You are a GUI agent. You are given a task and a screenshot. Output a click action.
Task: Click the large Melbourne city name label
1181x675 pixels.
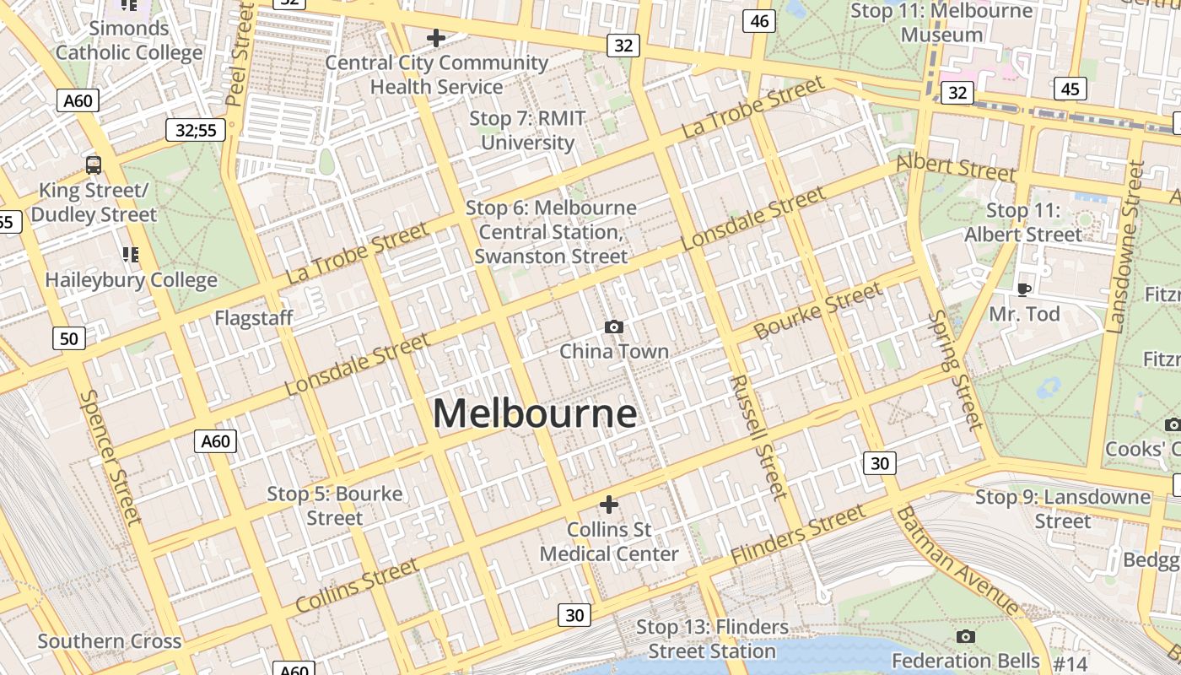point(535,413)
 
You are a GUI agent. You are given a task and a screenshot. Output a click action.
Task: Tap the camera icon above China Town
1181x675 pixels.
point(614,327)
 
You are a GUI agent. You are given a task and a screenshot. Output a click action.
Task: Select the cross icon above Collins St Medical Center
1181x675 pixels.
point(608,505)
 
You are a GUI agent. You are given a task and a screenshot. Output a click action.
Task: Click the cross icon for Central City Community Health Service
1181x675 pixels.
point(436,38)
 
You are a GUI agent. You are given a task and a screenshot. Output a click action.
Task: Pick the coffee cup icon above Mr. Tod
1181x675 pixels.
point(1023,289)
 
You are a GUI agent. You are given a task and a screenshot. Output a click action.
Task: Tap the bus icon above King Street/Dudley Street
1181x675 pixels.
point(94,165)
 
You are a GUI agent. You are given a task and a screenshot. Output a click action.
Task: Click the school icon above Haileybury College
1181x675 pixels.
point(130,254)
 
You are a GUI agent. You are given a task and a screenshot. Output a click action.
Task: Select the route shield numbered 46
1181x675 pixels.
point(759,21)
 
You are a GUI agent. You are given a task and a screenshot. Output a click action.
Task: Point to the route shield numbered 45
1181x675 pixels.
point(1070,89)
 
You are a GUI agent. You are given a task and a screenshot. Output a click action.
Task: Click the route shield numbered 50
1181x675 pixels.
point(68,339)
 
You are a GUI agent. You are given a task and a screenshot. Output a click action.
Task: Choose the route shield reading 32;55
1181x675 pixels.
point(196,130)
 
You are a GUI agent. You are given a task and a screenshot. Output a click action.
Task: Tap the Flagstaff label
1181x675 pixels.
point(253,318)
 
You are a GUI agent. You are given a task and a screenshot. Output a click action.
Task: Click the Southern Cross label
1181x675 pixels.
point(110,641)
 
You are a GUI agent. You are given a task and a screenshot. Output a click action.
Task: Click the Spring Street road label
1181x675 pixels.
point(956,369)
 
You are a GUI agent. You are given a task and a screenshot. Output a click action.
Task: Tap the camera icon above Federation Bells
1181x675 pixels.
point(965,636)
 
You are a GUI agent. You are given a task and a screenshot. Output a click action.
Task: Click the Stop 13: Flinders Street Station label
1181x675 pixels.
point(712,639)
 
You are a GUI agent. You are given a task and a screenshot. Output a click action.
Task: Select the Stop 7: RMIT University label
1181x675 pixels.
point(527,130)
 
